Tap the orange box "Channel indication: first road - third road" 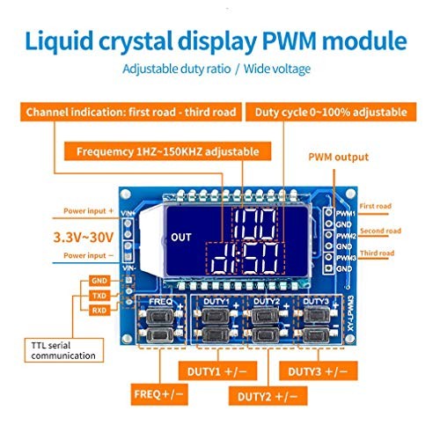coord(131,113)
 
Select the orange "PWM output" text coord(338,158)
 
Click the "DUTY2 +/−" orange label coord(269,392)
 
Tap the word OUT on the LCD coord(181,236)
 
